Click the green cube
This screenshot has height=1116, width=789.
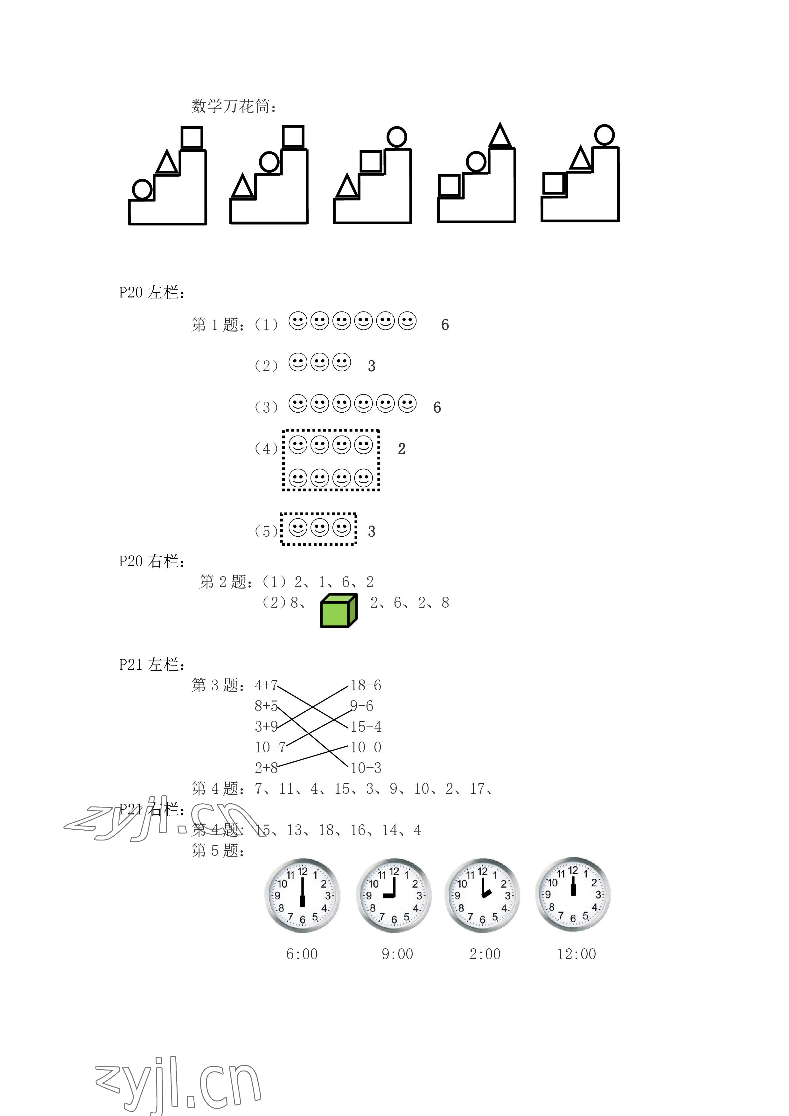[339, 610]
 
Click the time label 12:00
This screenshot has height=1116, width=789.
[576, 954]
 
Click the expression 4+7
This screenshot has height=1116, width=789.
[266, 685]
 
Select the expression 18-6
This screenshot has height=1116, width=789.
[366, 685]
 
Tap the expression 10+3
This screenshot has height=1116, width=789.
[366, 768]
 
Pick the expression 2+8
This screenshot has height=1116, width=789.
[266, 768]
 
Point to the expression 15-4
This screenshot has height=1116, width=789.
[366, 727]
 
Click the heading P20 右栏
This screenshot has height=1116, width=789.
[152, 561]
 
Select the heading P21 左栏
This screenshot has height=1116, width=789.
[152, 665]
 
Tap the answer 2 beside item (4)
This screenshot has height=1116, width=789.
[401, 449]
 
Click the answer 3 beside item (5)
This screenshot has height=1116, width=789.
[371, 532]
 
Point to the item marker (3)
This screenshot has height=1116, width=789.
[266, 407]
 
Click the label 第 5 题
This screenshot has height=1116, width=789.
[218, 851]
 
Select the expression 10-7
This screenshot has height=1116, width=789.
[270, 747]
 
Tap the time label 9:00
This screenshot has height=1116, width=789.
[397, 954]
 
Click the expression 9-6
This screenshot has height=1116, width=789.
[362, 706]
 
